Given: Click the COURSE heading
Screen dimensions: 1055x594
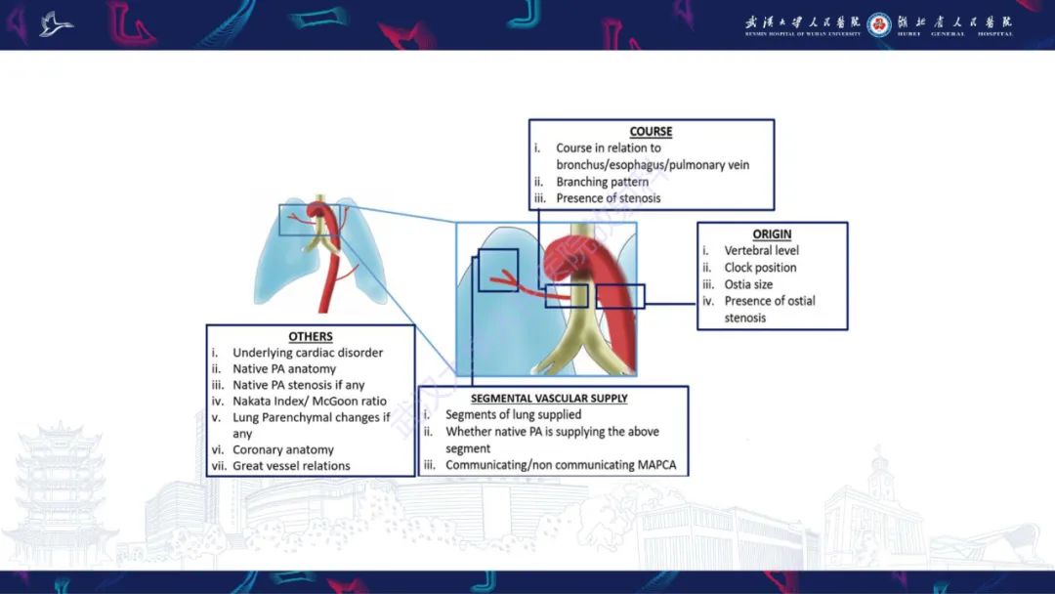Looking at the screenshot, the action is point(651,131).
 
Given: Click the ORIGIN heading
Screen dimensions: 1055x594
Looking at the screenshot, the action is point(772,234).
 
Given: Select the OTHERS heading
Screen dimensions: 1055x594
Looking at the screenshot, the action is point(311,336).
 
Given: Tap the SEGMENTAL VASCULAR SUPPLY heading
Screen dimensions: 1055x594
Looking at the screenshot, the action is point(549,399).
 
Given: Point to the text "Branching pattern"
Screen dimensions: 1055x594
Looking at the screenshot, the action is point(602,182).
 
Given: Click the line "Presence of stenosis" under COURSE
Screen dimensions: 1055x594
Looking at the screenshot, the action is point(609,198).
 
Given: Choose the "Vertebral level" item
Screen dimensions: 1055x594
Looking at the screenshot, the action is point(762,250).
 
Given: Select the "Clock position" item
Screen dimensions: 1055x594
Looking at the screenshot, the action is point(760,267).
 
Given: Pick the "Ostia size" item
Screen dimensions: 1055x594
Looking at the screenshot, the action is point(748,284).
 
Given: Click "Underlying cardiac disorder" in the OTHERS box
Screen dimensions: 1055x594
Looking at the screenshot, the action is point(308,353).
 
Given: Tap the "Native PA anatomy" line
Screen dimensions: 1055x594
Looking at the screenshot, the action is point(284,368).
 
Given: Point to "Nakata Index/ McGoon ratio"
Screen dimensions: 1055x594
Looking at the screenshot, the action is point(310,401).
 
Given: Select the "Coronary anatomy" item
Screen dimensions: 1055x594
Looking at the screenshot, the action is point(283,449).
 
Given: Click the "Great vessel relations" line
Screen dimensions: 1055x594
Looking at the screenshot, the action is point(291,465).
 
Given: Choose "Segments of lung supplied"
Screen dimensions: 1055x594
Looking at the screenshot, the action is point(514,414).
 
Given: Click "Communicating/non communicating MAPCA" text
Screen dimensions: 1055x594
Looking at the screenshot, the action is point(561,465).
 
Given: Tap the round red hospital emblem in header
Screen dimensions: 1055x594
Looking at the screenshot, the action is point(879,24).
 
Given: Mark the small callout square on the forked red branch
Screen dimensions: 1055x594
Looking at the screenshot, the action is point(498,271).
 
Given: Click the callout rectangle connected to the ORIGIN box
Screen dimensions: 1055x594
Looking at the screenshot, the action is point(620,296).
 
